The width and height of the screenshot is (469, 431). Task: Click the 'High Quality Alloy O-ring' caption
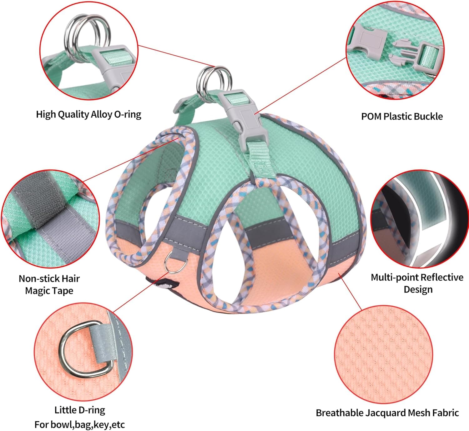click(x=88, y=114)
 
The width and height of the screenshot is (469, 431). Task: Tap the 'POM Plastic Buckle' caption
click(x=402, y=116)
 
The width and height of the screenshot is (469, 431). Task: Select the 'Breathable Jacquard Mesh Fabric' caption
click(x=387, y=413)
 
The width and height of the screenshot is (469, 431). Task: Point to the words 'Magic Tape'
click(x=49, y=291)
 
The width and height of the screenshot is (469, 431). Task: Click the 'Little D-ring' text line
click(x=80, y=410)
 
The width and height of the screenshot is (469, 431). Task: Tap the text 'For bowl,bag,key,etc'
click(x=79, y=424)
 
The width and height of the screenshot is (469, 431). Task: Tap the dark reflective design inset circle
click(x=419, y=219)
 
